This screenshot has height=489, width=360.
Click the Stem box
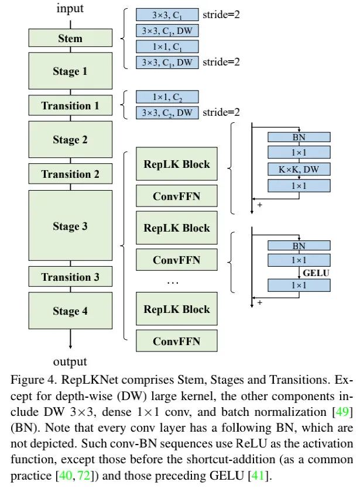[70, 38]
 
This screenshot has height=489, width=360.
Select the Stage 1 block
[70, 71]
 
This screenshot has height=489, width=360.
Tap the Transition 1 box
[70, 105]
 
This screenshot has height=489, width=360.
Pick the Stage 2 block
[70, 139]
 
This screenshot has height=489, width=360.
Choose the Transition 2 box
[70, 174]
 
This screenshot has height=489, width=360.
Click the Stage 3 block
[70, 225]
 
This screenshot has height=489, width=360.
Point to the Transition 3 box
[70, 277]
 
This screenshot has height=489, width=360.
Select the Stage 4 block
[70, 311]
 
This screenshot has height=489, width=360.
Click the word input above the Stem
[70, 8]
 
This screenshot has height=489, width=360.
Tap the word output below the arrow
[70, 361]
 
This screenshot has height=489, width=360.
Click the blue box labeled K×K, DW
[299, 170]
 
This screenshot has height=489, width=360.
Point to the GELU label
[316, 273]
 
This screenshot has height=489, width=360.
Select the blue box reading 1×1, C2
[167, 97]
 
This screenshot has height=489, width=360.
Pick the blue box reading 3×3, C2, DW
[167, 112]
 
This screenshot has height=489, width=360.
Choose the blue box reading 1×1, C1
[167, 46]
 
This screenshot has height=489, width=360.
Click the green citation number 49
[342, 412]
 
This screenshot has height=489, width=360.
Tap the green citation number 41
[258, 476]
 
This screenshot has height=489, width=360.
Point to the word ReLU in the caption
[251, 443]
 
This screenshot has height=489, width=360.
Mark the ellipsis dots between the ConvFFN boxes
[173, 283]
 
